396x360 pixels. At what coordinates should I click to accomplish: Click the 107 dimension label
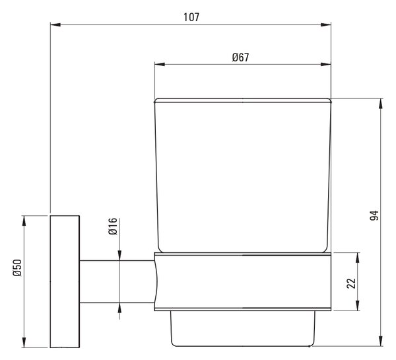(191, 17)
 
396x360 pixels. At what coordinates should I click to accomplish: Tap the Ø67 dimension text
(240, 57)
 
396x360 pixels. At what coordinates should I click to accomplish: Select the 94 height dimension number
(374, 215)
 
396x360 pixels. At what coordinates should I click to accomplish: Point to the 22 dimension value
(351, 283)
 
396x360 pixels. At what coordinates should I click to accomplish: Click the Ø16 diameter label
(113, 227)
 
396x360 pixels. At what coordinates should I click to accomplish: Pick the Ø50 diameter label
(17, 268)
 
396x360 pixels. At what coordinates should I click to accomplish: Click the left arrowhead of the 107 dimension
(55, 25)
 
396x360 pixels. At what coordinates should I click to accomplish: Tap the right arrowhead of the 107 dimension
(326, 25)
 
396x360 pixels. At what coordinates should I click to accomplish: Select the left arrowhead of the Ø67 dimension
(160, 65)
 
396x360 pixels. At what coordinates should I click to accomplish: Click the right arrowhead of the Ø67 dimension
(326, 65)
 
